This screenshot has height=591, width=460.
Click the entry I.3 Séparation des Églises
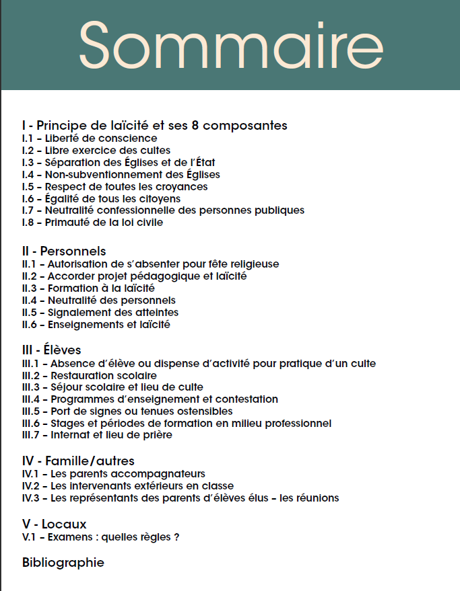point(119,163)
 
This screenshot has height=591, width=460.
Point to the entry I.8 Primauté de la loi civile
point(92,223)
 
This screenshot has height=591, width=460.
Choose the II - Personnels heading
point(64,251)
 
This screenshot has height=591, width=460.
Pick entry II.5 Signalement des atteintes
point(100,313)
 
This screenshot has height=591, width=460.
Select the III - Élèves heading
point(51,350)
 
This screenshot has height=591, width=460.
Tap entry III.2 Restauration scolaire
point(90,375)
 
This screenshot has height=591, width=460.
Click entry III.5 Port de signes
point(127,411)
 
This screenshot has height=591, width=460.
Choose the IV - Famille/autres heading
point(78,461)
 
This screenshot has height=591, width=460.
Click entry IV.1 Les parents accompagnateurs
point(114,473)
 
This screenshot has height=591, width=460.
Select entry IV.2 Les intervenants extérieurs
point(128,485)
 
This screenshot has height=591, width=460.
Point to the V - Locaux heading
point(54,524)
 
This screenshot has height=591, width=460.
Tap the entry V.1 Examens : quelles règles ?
point(100,537)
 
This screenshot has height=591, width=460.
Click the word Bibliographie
point(63,563)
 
